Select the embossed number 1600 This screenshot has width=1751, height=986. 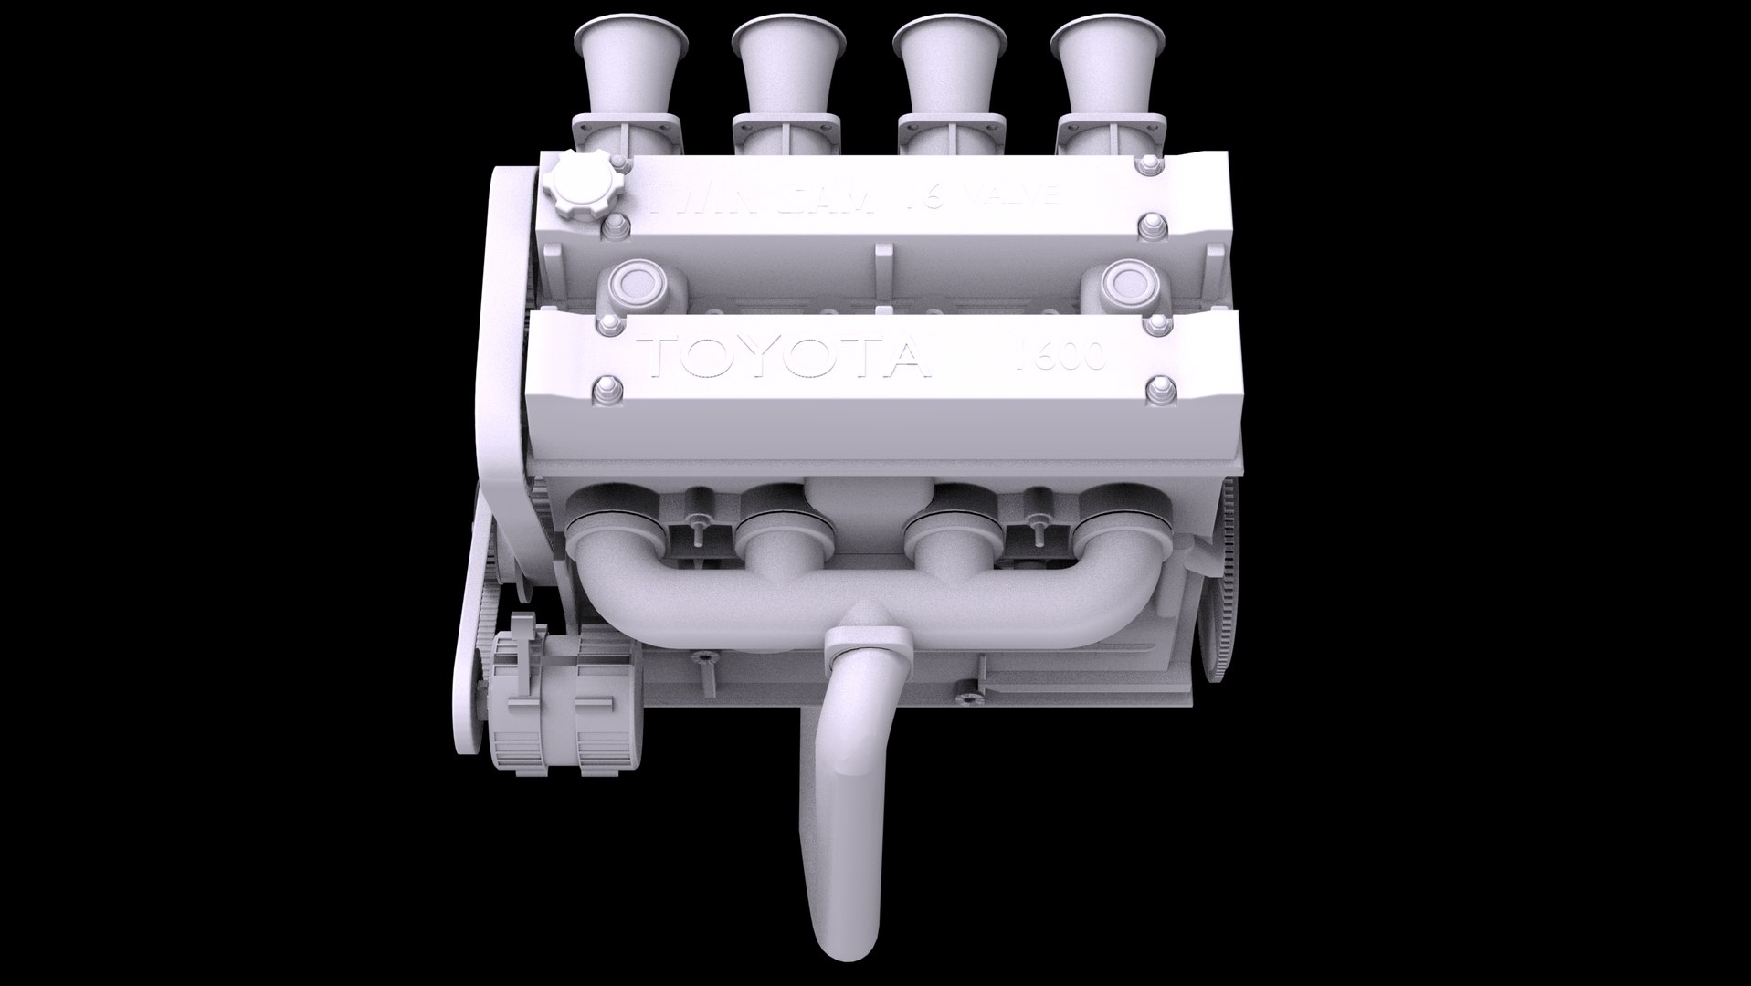[1060, 356]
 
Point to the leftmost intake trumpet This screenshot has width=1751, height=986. [629, 64]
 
